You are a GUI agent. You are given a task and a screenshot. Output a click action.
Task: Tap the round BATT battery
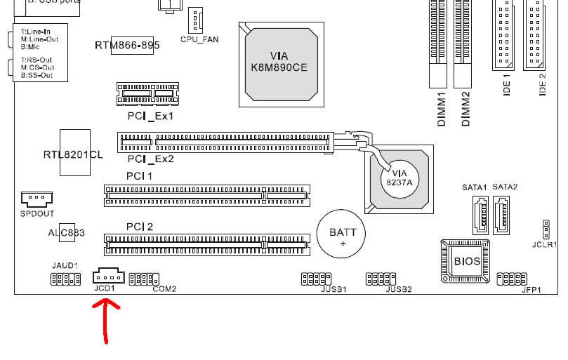(343, 235)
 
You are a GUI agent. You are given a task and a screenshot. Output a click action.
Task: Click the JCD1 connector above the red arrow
(107, 275)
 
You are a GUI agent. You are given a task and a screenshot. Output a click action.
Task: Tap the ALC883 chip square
(67, 232)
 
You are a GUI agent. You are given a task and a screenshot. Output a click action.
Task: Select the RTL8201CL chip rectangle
(75, 154)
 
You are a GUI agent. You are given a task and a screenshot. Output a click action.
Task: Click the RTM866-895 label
(127, 46)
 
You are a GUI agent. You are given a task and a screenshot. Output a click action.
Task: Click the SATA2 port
(503, 213)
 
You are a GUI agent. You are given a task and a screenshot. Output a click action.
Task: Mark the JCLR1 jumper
(545, 228)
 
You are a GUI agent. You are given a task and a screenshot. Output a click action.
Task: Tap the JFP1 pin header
(512, 279)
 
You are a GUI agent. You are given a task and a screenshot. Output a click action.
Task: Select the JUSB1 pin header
(315, 279)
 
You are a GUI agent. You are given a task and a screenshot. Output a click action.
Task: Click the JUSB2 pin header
(380, 279)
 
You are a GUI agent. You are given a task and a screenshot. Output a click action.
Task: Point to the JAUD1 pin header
(65, 280)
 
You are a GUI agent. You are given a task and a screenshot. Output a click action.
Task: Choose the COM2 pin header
(145, 279)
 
